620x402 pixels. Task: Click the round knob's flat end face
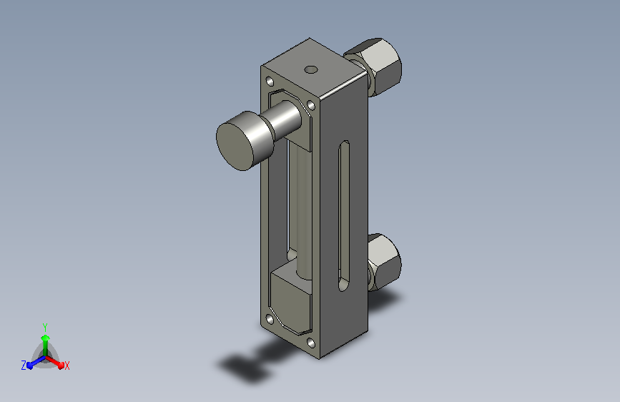tap(235, 147)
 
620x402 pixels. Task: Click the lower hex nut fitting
tap(382, 261)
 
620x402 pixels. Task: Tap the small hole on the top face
tap(311, 69)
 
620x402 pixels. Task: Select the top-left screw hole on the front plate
tap(270, 82)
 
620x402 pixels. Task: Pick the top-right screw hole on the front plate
tap(311, 105)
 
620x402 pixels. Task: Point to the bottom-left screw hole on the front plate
tap(270, 319)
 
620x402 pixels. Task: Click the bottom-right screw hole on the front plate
tap(311, 343)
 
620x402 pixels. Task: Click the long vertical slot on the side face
tap(343, 216)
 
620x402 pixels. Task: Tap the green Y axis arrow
tap(46, 345)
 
